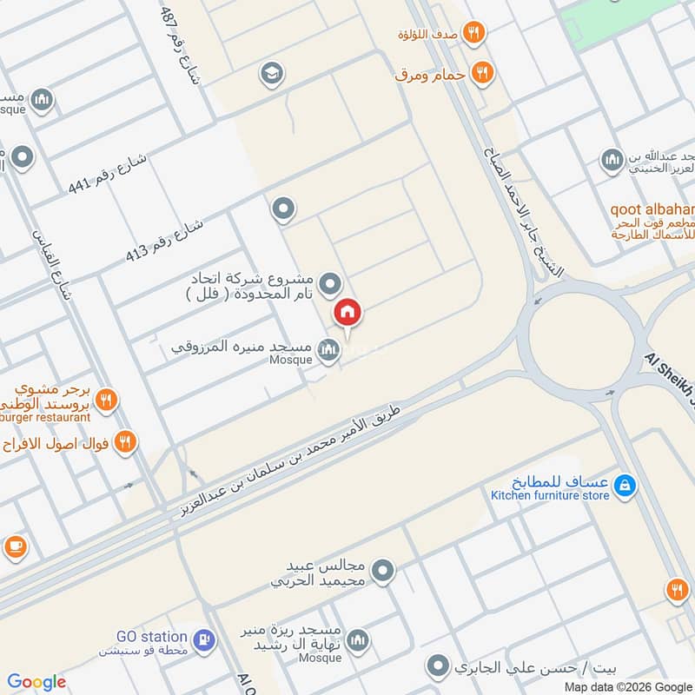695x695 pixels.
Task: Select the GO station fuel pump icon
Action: coord(204,640)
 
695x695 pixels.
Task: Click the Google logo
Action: coord(36,681)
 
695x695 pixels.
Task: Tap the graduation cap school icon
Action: coord(273,74)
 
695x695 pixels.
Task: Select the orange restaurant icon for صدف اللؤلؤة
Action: coord(473,33)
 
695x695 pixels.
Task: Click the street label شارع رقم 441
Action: coord(109,175)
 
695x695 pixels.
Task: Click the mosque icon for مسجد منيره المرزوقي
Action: coord(328,351)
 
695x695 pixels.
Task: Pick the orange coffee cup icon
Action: coord(15,546)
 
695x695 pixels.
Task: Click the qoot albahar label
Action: coord(652,209)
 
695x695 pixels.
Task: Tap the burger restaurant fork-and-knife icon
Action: coord(106,400)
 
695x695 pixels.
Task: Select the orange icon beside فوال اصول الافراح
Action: coord(126,443)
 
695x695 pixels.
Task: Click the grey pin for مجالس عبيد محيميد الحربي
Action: coord(382,571)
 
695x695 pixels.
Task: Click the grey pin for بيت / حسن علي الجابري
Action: coord(438,668)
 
